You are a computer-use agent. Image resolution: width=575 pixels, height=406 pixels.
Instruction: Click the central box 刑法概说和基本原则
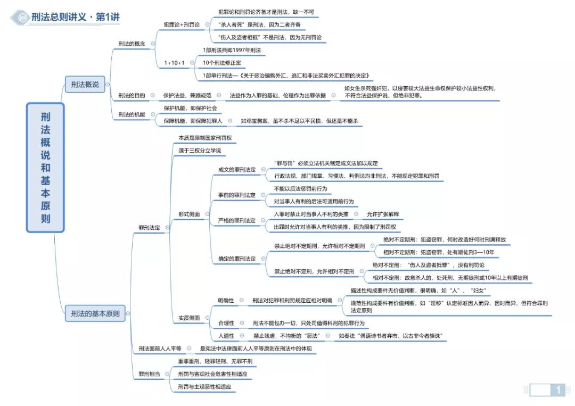[45, 168]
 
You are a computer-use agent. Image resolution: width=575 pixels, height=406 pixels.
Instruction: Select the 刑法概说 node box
[85, 84]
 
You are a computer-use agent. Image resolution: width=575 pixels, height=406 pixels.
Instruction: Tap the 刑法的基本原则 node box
[95, 313]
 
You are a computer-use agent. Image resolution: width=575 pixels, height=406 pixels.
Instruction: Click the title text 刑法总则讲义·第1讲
[76, 17]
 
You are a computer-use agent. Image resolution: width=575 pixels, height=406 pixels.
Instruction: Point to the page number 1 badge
[558, 390]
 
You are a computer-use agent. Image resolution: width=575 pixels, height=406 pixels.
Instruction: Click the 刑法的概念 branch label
[132, 44]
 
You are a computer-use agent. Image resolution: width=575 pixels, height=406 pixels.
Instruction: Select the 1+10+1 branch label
[174, 63]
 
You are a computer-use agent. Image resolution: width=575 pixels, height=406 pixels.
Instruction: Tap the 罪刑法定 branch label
[149, 228]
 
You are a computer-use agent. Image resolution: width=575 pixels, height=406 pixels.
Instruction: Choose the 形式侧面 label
[189, 214]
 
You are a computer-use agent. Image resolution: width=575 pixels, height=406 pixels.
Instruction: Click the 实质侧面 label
[189, 318]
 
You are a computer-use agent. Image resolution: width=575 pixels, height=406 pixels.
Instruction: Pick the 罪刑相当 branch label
[149, 374]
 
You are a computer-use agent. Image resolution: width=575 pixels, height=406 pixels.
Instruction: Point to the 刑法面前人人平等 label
[160, 348]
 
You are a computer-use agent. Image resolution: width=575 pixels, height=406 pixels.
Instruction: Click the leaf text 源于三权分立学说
[200, 150]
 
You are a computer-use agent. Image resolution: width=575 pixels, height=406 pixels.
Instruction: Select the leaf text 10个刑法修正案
[222, 63]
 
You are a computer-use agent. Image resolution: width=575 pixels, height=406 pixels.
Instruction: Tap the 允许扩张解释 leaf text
[383, 214]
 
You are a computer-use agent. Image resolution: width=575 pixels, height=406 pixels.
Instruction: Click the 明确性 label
[226, 300]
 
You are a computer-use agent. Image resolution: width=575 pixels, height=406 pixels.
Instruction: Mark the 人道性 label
[226, 335]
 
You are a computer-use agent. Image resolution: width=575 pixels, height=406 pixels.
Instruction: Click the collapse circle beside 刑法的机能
[153, 115]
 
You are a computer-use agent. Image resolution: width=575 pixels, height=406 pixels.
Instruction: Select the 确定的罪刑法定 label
[237, 258]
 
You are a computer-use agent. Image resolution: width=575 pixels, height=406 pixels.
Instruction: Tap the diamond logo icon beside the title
[20, 17]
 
